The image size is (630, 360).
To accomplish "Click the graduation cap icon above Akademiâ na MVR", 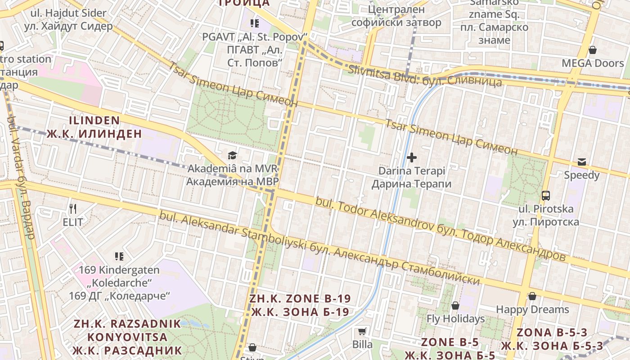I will pos(232,156).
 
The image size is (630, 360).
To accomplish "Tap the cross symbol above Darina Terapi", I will pos(411,157).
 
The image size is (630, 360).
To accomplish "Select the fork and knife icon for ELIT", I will pos(73,209).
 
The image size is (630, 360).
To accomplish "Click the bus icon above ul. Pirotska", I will pos(546,196).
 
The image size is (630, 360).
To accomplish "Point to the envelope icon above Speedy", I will pos(582,162).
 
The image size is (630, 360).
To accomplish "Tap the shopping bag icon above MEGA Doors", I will pos(593,50).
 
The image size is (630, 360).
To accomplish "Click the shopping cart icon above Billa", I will pos(362,332).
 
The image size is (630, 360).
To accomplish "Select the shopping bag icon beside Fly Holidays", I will pos(455,306).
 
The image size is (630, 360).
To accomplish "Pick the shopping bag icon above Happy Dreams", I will pos(532,296).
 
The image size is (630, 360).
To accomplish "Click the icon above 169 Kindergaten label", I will pos(119,256).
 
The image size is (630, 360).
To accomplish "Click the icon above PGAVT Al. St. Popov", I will pos(255,23).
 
